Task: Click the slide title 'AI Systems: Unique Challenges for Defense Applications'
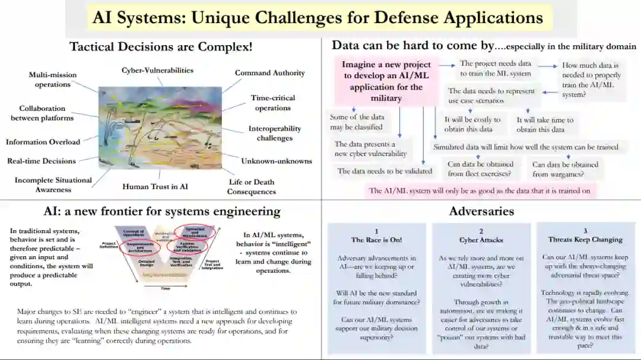[318, 18]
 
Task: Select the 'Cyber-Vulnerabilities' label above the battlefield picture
[157, 70]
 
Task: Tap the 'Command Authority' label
[269, 73]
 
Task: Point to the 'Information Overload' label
[43, 142]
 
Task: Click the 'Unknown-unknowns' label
[276, 161]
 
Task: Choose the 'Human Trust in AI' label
[155, 186]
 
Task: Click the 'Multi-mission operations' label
[52, 79]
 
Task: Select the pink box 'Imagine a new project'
[386, 81]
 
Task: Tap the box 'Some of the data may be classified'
[356, 122]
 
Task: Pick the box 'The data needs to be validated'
[385, 171]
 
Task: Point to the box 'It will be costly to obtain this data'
[472, 124]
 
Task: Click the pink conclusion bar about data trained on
[480, 190]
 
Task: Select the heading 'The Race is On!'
[376, 240]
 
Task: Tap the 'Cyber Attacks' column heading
[481, 240]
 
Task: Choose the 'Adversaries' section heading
[481, 211]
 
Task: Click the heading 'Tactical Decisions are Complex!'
[161, 46]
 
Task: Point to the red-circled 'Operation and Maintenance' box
[195, 231]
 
